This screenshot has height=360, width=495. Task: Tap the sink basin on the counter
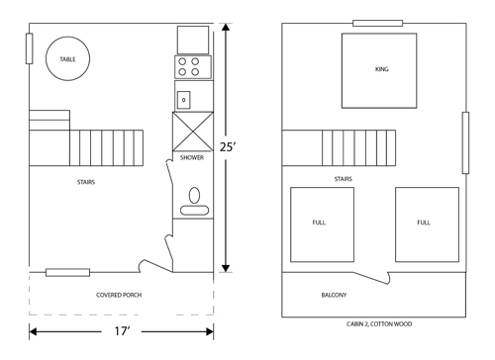coord(184,100)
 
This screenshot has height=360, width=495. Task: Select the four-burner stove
coord(193,67)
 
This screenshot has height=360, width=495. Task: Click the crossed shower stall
coord(193,132)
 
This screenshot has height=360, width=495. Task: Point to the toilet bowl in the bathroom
coord(194,195)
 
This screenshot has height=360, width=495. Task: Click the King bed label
coord(382,69)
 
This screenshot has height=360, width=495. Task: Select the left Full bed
coord(322,225)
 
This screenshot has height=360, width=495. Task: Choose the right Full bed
coord(427,225)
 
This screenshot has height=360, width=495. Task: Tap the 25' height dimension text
coord(229,146)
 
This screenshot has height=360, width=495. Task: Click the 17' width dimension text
coord(122,331)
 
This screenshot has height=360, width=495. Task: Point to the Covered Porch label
coord(119,295)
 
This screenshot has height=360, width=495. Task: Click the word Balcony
coord(334,295)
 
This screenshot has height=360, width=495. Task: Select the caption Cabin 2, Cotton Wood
coord(379,324)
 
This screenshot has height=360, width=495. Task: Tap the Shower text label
coord(192,157)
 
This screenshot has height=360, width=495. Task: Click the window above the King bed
coord(378,23)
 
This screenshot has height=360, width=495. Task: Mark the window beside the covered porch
coord(67,273)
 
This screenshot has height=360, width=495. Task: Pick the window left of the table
coord(29,48)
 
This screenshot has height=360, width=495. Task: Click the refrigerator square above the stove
coord(193,40)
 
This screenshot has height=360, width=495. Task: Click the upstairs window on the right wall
coord(465,142)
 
